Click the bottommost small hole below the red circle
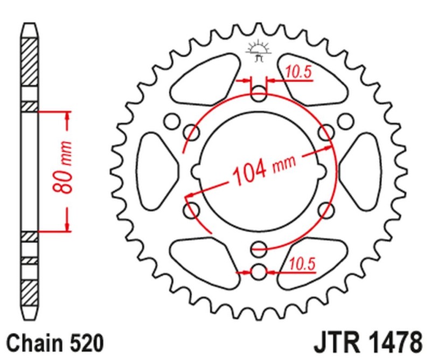tap(259, 272)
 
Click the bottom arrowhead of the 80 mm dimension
tap(67, 227)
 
